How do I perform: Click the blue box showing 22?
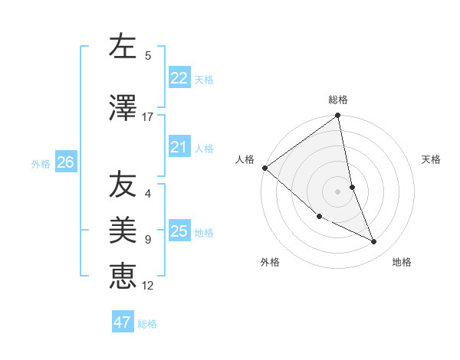tap(179, 78)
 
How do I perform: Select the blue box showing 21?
tap(179, 147)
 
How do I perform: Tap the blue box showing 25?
tap(179, 231)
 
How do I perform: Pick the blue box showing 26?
tap(65, 162)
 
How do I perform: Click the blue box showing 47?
tap(123, 322)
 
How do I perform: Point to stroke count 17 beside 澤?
tap(147, 117)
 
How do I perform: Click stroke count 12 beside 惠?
tap(147, 286)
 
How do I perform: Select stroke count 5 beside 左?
tap(148, 56)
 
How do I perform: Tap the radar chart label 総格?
tap(338, 100)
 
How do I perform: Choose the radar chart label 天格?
tap(432, 159)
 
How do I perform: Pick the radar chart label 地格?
tap(402, 262)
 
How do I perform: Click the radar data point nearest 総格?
tap(337, 116)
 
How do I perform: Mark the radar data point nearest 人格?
tap(264, 168)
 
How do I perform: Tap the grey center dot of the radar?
tap(337, 191)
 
